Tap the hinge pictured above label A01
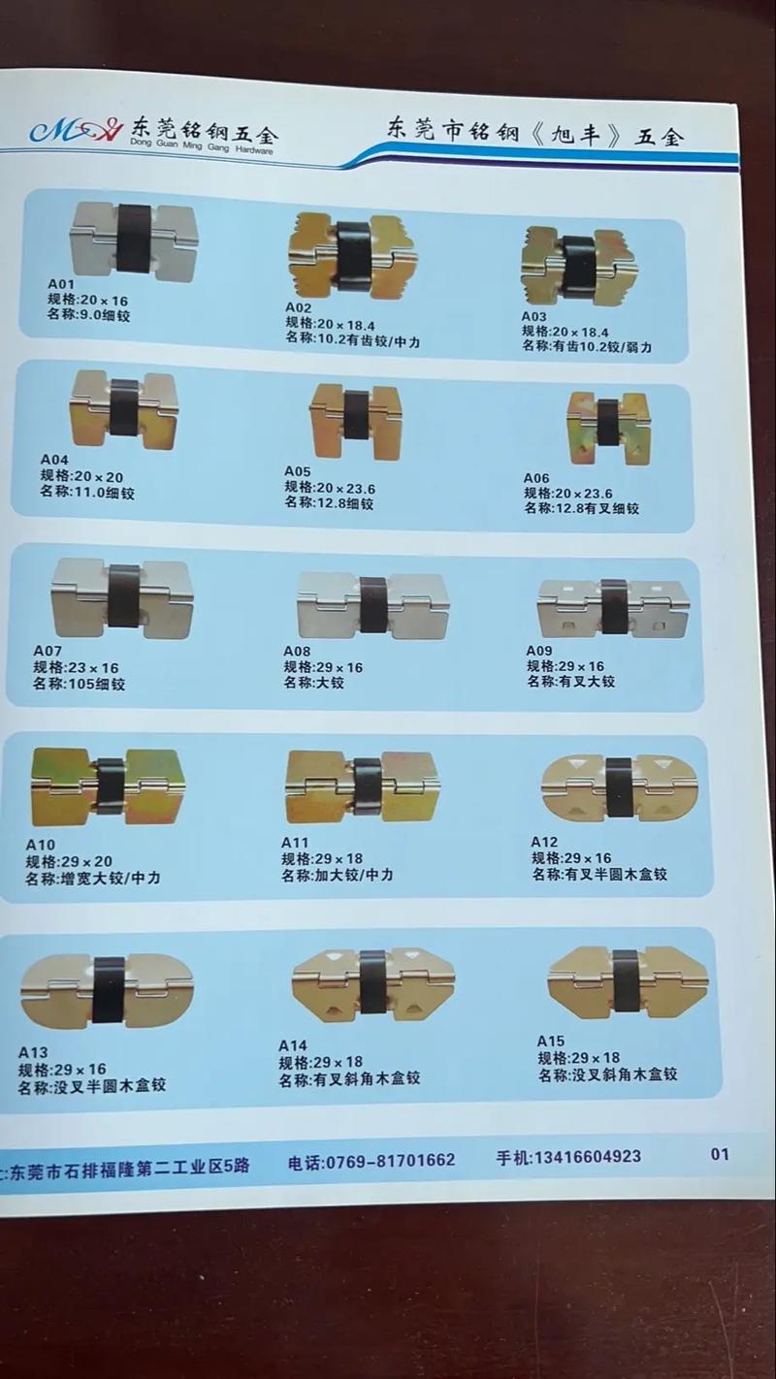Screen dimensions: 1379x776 (x=134, y=240)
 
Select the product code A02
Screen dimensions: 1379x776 (x=299, y=307)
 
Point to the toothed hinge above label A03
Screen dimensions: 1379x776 (x=578, y=264)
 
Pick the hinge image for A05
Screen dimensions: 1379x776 (x=354, y=420)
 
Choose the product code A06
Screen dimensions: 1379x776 (x=536, y=478)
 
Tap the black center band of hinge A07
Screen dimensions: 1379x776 (x=123, y=594)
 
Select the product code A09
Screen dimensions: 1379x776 (x=539, y=650)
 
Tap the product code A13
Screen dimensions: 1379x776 (x=33, y=1052)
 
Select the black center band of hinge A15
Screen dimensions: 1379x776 (x=626, y=979)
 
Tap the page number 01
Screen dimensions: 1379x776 (x=720, y=1154)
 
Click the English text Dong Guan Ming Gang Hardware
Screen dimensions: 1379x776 (x=202, y=148)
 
